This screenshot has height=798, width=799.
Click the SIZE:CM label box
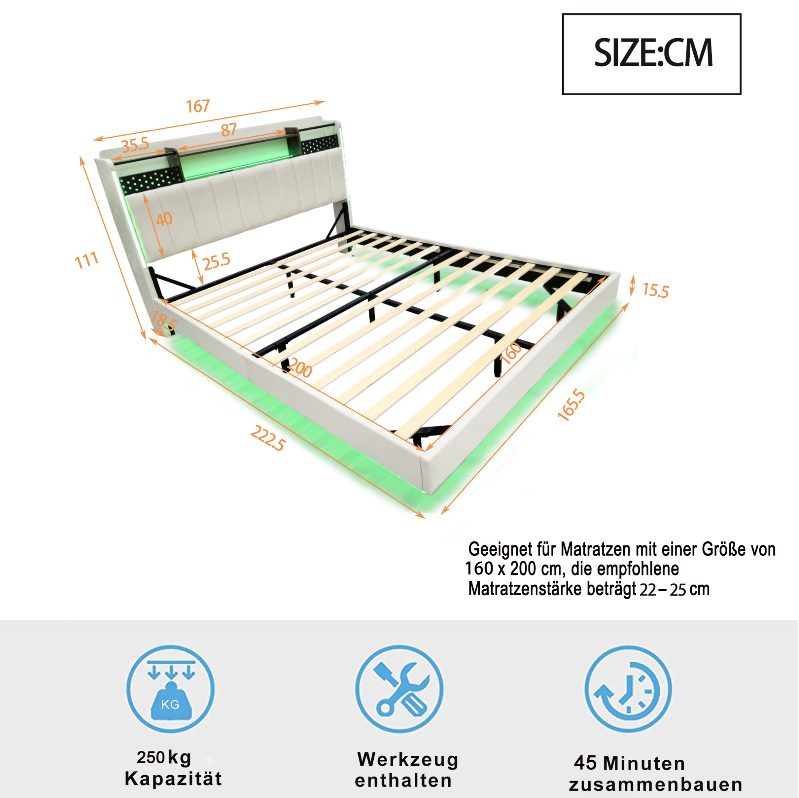coord(652,54)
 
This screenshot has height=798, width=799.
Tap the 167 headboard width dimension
coord(198,106)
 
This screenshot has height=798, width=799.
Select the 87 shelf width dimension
coord(229,130)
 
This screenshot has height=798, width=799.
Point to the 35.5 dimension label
coord(135,145)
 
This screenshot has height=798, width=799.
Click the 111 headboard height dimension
coord(87,260)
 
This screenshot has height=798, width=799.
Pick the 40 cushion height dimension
coord(164,219)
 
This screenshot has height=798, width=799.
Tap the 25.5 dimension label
coord(216,261)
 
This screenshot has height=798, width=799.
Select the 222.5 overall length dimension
coord(268,438)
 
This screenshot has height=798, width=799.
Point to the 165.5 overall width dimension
coord(572,406)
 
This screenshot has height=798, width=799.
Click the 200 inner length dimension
coord(300,368)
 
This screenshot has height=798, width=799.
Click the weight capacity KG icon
coord(170,689)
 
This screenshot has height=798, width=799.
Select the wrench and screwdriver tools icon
coord(400,689)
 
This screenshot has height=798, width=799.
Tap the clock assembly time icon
coord(629,689)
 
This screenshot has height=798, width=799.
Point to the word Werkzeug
coord(408,759)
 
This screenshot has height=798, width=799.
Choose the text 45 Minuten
coord(630,763)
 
